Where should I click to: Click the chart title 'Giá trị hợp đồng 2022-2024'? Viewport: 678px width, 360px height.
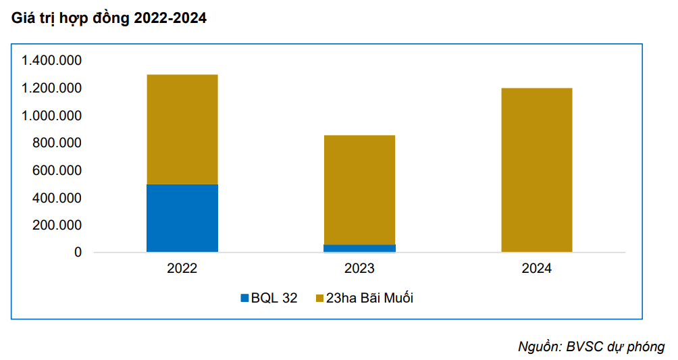(x=108, y=19)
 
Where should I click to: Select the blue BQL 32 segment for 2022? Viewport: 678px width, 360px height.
(x=182, y=217)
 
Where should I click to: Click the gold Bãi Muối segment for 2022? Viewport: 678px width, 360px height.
(x=182, y=129)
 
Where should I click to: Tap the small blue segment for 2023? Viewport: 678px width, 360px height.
(x=359, y=248)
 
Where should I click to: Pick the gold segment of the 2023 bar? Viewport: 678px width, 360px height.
(x=359, y=190)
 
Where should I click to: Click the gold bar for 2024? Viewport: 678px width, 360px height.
(x=537, y=170)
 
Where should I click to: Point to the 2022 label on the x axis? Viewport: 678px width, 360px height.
(x=182, y=269)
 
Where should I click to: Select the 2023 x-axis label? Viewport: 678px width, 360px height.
(x=359, y=269)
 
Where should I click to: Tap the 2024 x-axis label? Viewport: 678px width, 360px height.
(x=537, y=269)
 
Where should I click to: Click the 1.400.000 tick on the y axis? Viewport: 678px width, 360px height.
(x=51, y=61)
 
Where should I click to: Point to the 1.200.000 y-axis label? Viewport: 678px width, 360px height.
(x=51, y=88)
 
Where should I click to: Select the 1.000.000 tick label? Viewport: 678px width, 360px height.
(x=51, y=116)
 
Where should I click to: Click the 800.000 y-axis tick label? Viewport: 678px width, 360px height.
(x=57, y=143)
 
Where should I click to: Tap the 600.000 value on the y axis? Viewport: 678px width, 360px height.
(x=57, y=171)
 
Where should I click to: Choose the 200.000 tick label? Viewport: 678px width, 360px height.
(x=57, y=226)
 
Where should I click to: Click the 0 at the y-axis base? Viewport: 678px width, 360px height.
(x=78, y=253)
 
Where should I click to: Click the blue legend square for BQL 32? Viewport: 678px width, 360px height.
(x=244, y=298)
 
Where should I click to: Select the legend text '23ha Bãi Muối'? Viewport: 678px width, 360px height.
(x=369, y=298)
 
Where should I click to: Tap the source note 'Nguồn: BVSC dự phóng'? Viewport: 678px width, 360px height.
(x=591, y=346)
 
